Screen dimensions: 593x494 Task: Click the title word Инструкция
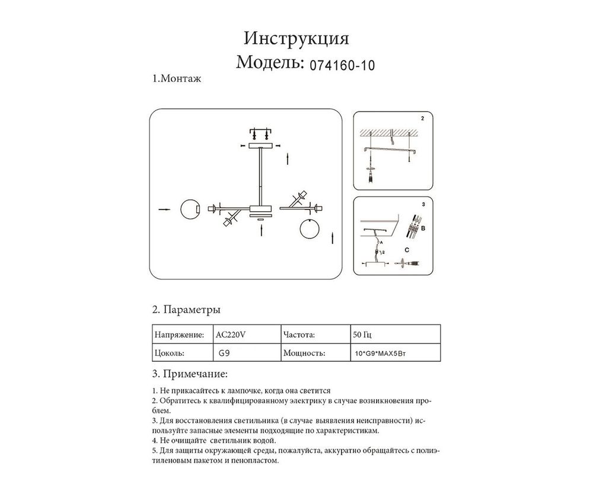296,39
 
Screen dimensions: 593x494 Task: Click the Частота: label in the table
303,334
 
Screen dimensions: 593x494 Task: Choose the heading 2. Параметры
187,310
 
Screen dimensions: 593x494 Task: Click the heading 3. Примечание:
190,374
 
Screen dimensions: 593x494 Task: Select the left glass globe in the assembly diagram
189,209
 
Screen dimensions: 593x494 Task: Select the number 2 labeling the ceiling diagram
422,119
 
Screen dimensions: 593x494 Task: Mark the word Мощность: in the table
305,353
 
